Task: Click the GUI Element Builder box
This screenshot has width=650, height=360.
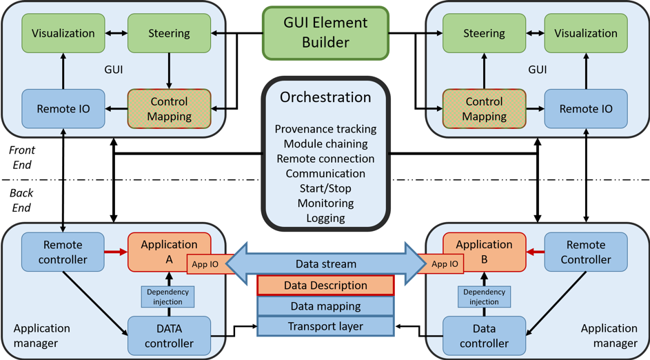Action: [x=325, y=32]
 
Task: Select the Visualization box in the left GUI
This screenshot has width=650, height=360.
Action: [x=63, y=33]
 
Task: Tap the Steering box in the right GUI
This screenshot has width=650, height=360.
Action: [x=484, y=33]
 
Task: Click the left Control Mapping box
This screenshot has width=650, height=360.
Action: [x=169, y=109]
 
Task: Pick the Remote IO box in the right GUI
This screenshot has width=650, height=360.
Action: [x=586, y=109]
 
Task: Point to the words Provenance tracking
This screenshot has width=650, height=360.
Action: [x=325, y=129]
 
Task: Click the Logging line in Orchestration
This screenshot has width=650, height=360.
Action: [x=325, y=218]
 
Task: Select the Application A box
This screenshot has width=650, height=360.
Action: [x=169, y=251]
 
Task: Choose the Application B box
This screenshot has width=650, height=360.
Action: [x=484, y=251]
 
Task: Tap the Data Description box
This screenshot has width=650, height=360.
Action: [x=325, y=286]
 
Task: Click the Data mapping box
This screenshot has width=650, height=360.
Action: [x=325, y=306]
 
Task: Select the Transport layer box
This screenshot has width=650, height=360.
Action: [x=325, y=326]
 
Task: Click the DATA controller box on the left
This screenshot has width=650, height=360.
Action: [x=169, y=336]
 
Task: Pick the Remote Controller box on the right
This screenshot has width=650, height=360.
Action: [x=586, y=252]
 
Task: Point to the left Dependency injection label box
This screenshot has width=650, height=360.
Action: [x=168, y=297]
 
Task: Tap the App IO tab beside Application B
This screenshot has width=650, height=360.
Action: [x=445, y=263]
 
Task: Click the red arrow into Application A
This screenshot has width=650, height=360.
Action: [x=116, y=252]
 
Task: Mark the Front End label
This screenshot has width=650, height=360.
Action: [x=22, y=157]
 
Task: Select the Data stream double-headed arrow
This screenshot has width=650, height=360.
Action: [x=325, y=264]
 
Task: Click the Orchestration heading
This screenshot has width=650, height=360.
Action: [x=325, y=98]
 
